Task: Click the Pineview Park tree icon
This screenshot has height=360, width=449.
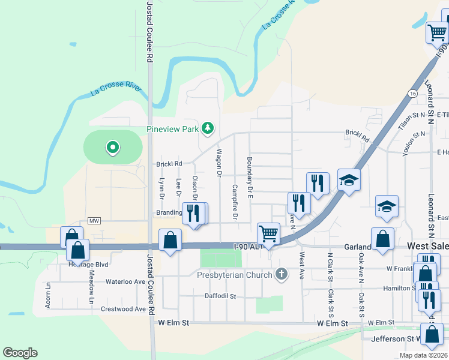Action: pos(208,128)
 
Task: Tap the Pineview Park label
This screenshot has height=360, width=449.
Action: pos(173,128)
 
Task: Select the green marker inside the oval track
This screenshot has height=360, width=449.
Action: pos(112,147)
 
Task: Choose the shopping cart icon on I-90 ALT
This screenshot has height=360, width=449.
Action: pos(268,233)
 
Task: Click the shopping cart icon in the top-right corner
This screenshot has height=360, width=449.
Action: pos(438,32)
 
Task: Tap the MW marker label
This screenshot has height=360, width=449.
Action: pos(93,221)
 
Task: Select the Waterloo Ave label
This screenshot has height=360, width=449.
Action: pos(125,281)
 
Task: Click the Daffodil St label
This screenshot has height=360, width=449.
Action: pos(220,296)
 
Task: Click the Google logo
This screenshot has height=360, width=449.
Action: pos(20,353)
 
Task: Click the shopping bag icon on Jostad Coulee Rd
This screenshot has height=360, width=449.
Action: pos(170,240)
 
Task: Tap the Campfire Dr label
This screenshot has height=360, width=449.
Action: pos(235,201)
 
